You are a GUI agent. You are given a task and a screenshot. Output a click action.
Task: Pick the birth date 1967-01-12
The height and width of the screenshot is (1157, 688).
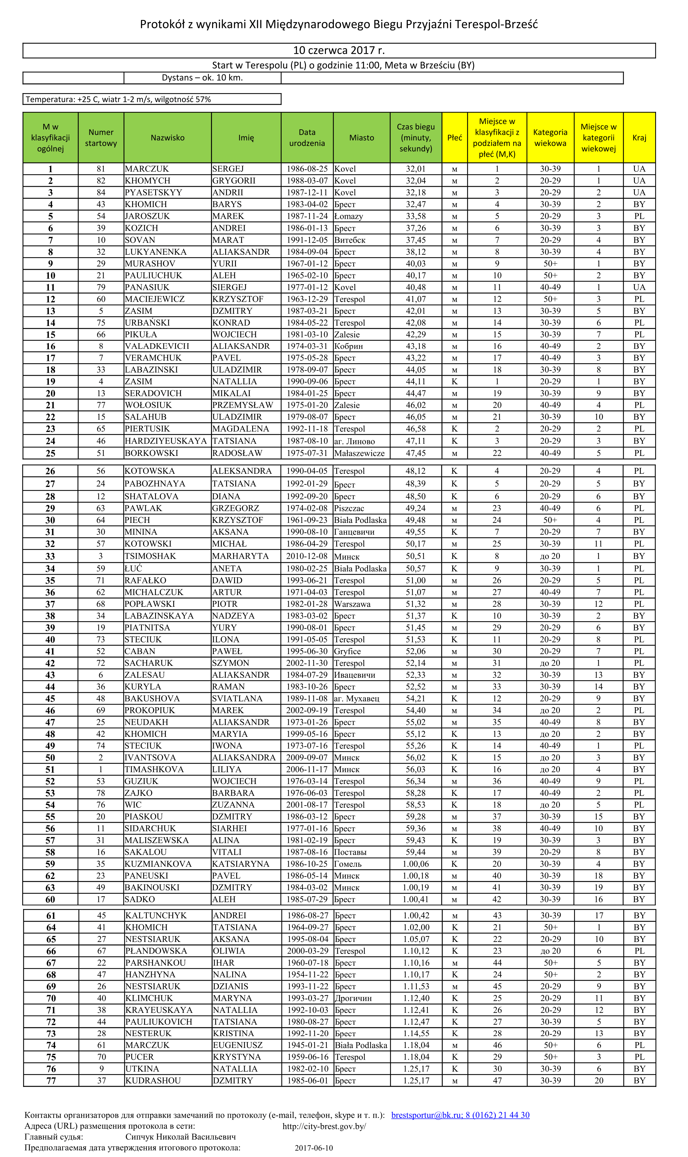coord(307,263)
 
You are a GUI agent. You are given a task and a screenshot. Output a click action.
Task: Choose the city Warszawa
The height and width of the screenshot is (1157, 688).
coord(352,604)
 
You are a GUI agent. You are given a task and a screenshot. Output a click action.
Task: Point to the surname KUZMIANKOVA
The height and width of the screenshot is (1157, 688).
coord(158,864)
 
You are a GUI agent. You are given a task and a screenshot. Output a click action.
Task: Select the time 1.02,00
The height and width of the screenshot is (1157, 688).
coord(416,928)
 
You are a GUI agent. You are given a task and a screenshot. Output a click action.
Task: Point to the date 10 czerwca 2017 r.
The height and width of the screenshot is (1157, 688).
coord(338,50)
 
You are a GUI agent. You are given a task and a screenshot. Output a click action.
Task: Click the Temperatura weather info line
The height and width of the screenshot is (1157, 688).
coord(118,99)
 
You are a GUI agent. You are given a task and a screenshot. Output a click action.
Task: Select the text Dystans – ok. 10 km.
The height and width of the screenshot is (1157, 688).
coord(202,77)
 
